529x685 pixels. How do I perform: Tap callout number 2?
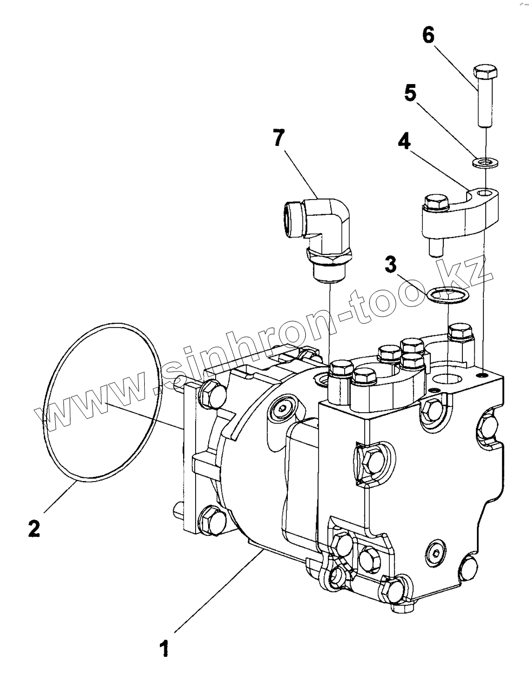tap(34, 527)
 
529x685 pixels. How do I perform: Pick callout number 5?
tap(410, 94)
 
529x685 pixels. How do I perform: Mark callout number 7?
tap(278, 139)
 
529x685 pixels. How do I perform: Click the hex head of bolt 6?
tap(485, 71)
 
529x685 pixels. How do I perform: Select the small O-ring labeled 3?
tap(447, 296)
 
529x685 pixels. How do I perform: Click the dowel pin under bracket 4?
tap(435, 247)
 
